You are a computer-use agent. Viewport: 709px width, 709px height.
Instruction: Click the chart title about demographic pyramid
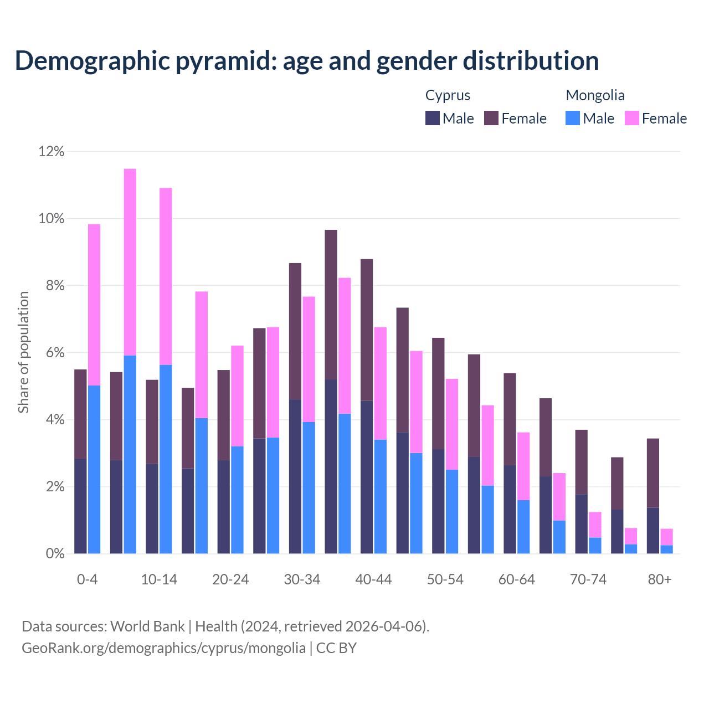tap(307, 61)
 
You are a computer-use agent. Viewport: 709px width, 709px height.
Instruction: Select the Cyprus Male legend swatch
tap(433, 118)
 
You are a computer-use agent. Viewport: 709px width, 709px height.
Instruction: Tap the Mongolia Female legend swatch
tap(632, 118)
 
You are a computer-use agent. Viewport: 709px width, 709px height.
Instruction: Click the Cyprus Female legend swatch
tap(491, 118)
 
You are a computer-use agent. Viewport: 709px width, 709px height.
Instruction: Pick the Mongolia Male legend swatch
tap(573, 118)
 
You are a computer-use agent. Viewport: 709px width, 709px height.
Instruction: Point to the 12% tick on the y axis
tap(52, 151)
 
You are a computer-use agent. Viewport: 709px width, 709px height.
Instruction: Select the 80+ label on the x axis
tap(660, 579)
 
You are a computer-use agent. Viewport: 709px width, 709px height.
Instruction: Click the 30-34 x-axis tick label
tap(302, 579)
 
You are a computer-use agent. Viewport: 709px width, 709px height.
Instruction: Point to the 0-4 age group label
tap(88, 579)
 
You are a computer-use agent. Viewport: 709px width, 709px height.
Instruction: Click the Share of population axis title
tap(23, 352)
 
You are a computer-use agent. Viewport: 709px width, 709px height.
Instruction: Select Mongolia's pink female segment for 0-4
tap(94, 305)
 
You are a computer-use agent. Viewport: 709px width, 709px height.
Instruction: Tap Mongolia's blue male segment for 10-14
tap(166, 459)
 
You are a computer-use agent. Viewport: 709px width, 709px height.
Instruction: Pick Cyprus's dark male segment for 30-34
tap(295, 476)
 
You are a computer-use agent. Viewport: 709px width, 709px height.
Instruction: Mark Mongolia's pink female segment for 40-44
tap(381, 383)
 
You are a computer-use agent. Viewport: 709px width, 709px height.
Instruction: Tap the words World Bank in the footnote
tap(147, 626)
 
